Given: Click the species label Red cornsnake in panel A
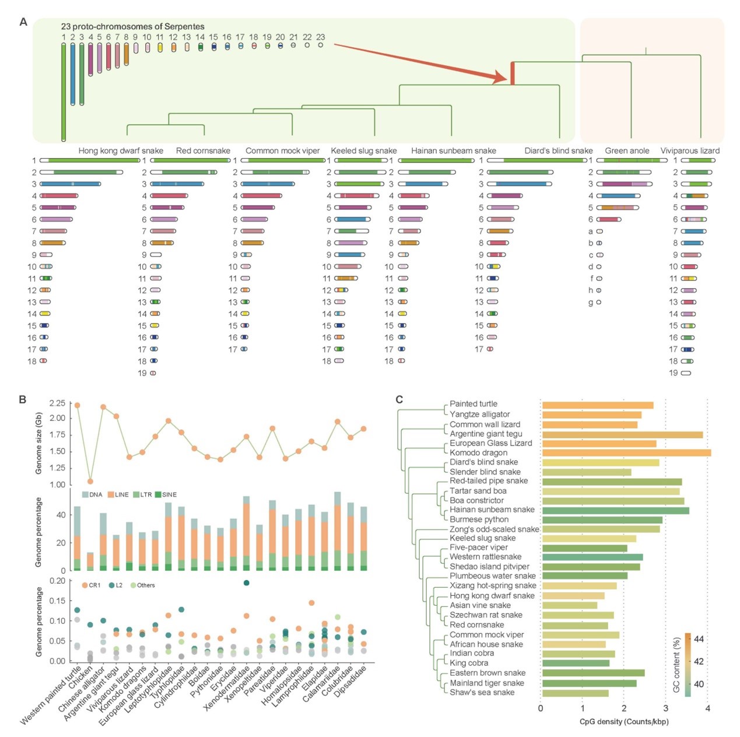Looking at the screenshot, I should click(x=203, y=150).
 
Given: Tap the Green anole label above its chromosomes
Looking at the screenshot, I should click(x=627, y=150).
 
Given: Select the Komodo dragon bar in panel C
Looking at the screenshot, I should click(x=626, y=452).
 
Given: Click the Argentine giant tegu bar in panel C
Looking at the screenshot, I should click(x=622, y=434).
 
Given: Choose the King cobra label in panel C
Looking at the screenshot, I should click(x=469, y=663).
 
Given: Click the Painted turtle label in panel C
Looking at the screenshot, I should click(x=473, y=403).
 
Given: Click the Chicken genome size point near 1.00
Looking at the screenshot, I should click(x=90, y=481).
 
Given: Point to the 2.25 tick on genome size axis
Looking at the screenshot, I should click(x=57, y=403).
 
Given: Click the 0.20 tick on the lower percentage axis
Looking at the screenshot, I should click(x=57, y=581).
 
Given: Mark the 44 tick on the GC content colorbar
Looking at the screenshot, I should click(x=699, y=639).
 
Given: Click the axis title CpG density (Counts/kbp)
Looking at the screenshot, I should click(x=623, y=721).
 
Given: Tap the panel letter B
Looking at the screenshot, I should click(x=23, y=399).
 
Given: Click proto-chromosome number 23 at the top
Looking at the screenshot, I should click(x=320, y=37).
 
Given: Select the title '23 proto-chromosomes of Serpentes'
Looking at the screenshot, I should click(x=132, y=26).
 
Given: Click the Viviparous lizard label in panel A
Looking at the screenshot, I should click(x=689, y=150).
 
